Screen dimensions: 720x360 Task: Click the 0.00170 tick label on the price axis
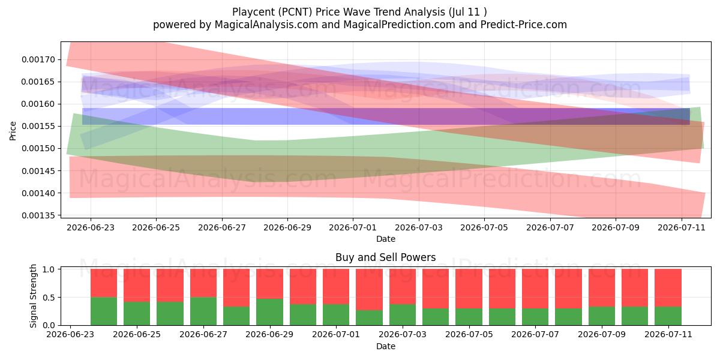pos(38,59)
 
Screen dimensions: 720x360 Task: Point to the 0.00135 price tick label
pos(38,215)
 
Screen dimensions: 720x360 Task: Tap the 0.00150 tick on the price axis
pos(38,149)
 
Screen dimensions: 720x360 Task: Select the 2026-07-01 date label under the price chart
pos(353,227)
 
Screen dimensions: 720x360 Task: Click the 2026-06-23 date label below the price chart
pos(91,227)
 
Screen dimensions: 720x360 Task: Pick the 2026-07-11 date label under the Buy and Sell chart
pos(668,334)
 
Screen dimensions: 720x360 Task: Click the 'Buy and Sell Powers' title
pos(385,257)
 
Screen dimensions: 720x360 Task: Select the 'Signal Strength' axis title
pos(33,296)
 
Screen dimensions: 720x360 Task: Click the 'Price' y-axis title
pos(13,131)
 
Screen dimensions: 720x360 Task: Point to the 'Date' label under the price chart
pos(386,239)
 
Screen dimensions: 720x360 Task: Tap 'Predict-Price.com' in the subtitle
pos(524,25)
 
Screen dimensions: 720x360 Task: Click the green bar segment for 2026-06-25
pos(137,313)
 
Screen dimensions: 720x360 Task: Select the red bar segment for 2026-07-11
pos(668,287)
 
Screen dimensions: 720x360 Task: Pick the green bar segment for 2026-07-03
pos(403,314)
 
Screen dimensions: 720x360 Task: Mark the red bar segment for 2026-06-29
pos(269,284)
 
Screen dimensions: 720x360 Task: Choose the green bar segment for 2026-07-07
pos(535,317)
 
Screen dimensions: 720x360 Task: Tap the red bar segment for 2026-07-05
pos(469,289)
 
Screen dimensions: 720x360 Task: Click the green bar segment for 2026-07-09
pos(602,316)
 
